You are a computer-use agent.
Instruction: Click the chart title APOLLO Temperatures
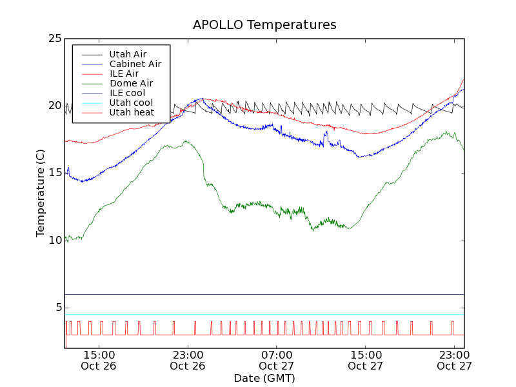coord(264,25)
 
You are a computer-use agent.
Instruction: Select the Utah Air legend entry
coord(128,54)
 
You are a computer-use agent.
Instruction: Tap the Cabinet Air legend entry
coord(135,64)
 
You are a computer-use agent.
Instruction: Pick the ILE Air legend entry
coord(124,74)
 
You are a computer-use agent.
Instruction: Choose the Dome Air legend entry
coord(131,83)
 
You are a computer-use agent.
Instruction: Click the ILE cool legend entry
coord(127,93)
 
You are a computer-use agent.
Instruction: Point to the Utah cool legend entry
coord(131,103)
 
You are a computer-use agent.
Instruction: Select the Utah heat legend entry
coord(132,112)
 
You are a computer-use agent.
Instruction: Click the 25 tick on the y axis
coord(55,39)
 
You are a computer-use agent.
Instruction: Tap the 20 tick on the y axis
coord(55,106)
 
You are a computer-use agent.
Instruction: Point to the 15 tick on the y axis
coord(55,173)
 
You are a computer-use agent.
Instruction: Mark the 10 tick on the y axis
coord(55,240)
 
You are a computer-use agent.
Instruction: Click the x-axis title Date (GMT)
coord(264,378)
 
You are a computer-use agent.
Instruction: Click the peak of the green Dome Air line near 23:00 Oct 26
coord(185,141)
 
